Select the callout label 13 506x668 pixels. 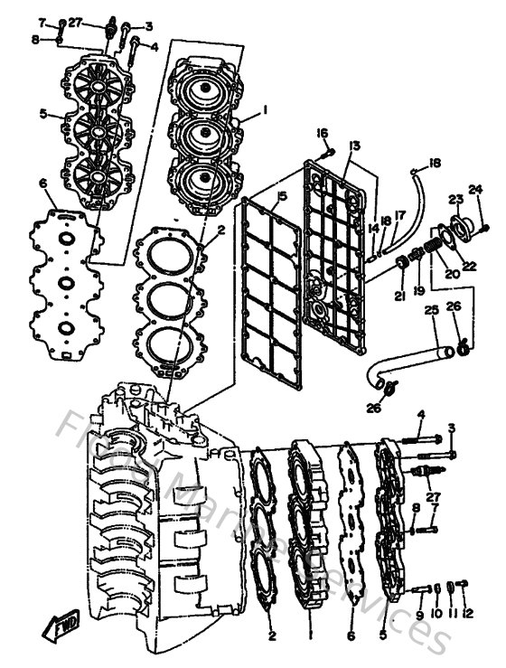pos(355,146)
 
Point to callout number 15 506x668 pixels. pos(282,196)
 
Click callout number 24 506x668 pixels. pos(475,190)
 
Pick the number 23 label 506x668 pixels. pos(456,200)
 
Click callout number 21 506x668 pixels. pos(399,296)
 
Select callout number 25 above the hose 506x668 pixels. pos(431,311)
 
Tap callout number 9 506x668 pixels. pos(420,616)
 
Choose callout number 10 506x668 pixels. pos(436,616)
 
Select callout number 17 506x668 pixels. pos(400,215)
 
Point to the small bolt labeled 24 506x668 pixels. pos(484,228)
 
